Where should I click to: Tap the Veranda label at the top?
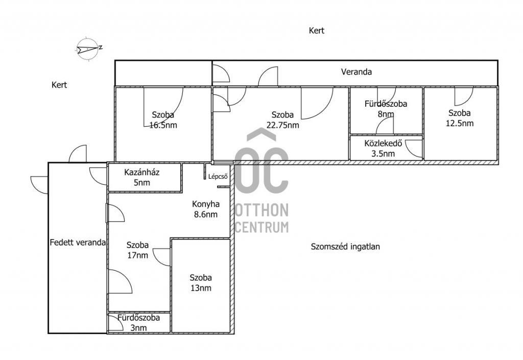click(356, 71)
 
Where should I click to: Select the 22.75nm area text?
click(282, 125)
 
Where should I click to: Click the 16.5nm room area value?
click(163, 125)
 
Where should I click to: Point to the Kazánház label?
click(142, 172)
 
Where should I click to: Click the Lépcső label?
click(218, 177)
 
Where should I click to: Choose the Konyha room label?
click(206, 204)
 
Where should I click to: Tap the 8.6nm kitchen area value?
click(206, 214)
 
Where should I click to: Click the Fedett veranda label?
click(78, 243)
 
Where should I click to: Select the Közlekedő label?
click(383, 143)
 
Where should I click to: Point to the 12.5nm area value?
click(460, 123)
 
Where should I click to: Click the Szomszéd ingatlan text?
click(345, 247)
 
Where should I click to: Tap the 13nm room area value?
click(201, 287)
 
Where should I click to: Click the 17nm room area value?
click(137, 255)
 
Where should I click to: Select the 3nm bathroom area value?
click(138, 328)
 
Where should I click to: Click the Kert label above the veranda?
click(317, 31)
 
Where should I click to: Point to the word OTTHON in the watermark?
click(261, 210)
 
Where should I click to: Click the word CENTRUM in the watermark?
click(261, 227)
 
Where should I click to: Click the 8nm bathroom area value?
click(386, 114)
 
